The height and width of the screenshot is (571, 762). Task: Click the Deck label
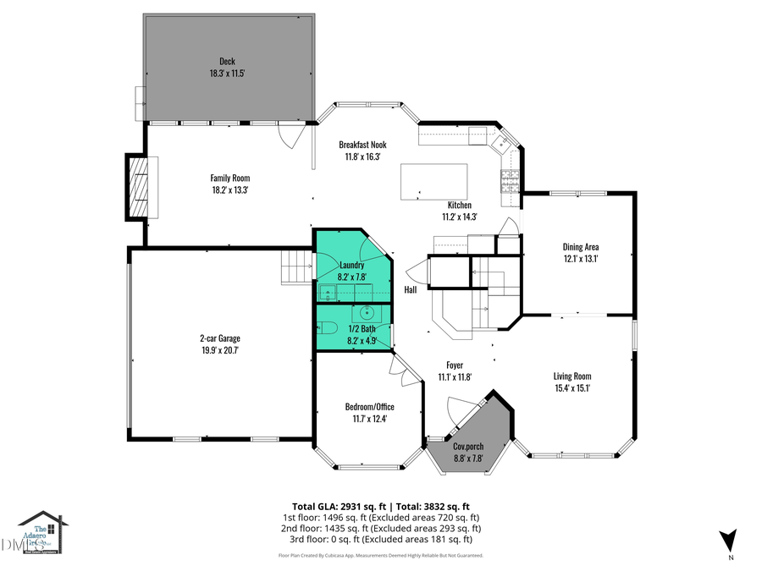coord(227,61)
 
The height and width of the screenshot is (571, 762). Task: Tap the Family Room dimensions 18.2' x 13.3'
coord(229,190)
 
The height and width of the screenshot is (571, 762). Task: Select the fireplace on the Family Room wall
coord(139,187)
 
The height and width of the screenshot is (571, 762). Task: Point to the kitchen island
coord(433,181)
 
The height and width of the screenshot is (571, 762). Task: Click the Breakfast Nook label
coord(362,144)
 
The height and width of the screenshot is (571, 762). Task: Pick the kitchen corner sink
coord(500,143)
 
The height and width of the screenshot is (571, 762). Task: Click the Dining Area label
coord(581,247)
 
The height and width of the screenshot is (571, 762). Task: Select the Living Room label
coord(572,376)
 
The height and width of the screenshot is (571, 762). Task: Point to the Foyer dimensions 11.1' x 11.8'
coord(455,377)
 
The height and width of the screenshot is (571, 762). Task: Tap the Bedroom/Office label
coord(368,406)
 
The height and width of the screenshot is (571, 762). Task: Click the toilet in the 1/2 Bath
coord(328,327)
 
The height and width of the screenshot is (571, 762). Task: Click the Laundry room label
coord(351,265)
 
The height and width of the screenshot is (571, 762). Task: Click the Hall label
coord(411,290)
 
